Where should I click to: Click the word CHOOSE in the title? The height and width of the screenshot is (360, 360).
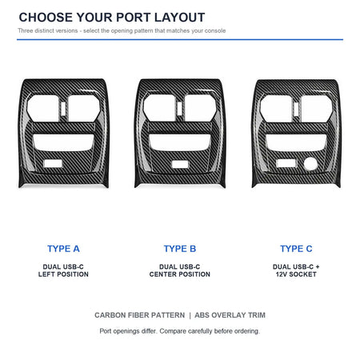click(x=46, y=18)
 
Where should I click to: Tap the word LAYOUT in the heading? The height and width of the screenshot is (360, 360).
click(x=179, y=18)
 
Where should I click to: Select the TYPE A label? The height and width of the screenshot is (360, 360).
click(x=63, y=249)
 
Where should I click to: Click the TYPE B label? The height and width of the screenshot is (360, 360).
click(x=180, y=249)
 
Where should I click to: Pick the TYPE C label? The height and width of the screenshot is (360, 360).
click(x=296, y=249)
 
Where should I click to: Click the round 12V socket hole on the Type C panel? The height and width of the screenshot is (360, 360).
click(x=310, y=163)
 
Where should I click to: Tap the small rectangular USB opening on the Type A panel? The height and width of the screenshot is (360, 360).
click(x=53, y=164)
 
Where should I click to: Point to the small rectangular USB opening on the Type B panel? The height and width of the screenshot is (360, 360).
click(x=180, y=164)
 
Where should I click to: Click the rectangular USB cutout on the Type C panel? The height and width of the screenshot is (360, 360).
click(x=286, y=163)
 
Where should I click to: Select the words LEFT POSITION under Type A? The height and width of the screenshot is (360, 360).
click(x=63, y=274)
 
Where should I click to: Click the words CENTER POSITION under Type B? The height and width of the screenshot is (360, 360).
click(x=180, y=274)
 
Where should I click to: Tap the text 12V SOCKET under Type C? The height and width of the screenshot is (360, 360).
click(x=296, y=274)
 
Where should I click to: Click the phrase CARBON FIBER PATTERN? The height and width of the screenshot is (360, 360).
click(x=140, y=315)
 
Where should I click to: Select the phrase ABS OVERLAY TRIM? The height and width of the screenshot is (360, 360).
click(x=230, y=315)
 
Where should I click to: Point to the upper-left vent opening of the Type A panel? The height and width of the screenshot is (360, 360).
click(x=43, y=108)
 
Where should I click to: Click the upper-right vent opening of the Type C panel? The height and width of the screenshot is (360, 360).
click(x=317, y=108)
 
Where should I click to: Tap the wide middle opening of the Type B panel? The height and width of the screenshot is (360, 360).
click(x=180, y=142)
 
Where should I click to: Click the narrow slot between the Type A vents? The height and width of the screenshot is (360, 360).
click(x=63, y=109)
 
